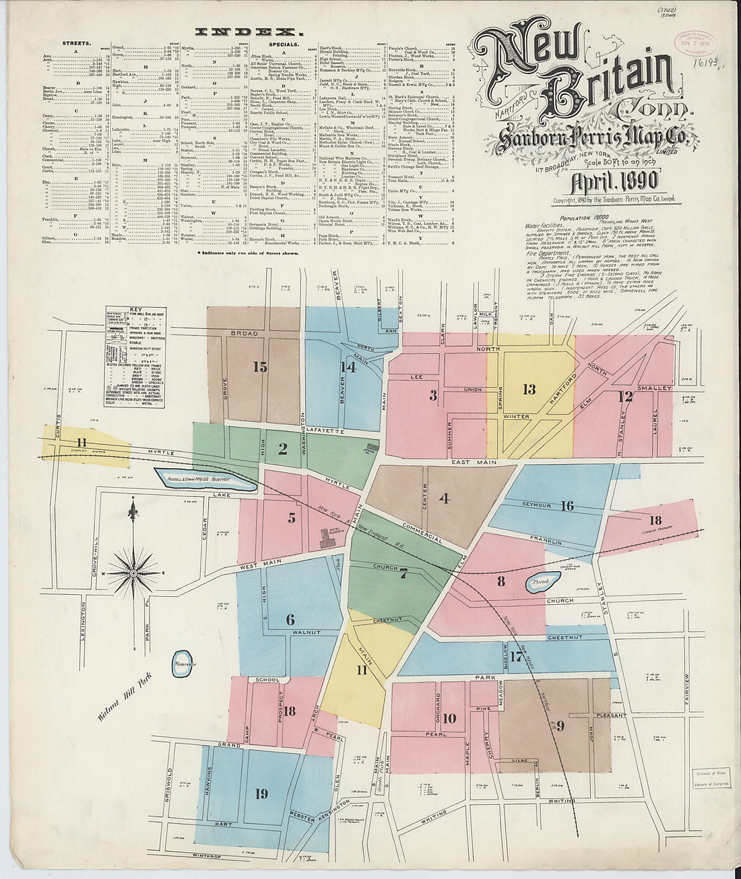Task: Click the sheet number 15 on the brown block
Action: pos(260,366)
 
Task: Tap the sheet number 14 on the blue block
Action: pos(348,367)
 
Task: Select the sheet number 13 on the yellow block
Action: pos(529,389)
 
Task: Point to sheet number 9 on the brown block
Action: pos(560,725)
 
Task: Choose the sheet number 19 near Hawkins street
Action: pos(261,793)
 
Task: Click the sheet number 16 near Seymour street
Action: pos(567,505)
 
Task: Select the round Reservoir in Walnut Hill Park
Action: pos(182,664)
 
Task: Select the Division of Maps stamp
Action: pos(712,777)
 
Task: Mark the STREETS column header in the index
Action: pos(77,42)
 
